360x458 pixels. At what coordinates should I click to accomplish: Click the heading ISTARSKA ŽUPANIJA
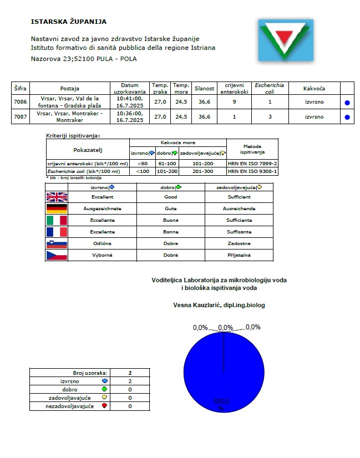pos(69,22)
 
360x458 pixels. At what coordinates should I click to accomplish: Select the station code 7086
pos(20,102)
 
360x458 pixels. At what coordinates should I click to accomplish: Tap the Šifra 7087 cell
pos(20,117)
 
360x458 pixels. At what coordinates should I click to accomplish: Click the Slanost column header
pos(204,88)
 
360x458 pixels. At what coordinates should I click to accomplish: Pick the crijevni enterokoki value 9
pos(235,102)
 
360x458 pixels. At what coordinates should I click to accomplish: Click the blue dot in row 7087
pos(347,117)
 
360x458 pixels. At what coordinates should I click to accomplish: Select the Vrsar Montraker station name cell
pos(70,117)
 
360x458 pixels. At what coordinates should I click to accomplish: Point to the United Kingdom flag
pos(56,197)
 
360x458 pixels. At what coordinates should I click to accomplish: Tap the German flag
pos(56,208)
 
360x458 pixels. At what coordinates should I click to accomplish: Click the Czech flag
pos(56,255)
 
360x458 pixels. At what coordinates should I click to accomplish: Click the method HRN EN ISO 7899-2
pos(252,164)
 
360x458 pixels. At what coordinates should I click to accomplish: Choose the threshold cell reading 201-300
pos(202,171)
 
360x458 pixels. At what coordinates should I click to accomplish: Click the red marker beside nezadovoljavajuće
pos(104,406)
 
